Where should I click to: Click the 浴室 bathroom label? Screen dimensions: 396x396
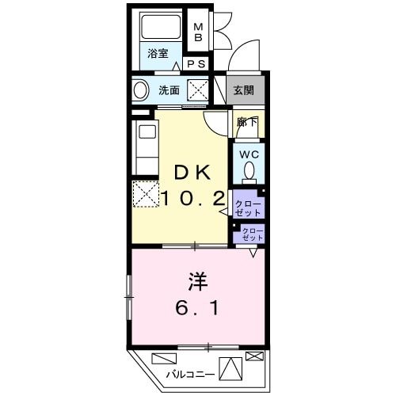tap(158, 54)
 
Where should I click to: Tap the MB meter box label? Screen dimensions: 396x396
tap(199, 32)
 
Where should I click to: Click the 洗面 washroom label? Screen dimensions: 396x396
tap(168, 90)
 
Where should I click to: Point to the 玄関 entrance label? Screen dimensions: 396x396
tap(243, 90)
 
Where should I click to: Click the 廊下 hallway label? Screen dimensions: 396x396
tap(246, 122)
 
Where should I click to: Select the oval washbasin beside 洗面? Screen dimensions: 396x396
tap(140, 91)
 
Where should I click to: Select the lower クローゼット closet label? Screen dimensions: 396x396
tap(252, 234)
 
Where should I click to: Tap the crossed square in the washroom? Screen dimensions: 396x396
tap(197, 91)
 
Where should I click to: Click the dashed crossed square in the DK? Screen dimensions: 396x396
tap(144, 193)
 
